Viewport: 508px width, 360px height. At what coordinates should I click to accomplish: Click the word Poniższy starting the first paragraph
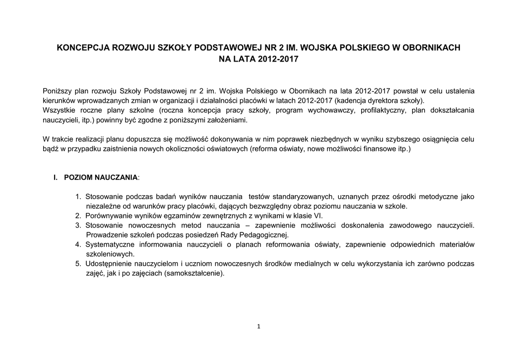point(56,91)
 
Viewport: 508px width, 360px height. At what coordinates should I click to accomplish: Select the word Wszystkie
point(58,110)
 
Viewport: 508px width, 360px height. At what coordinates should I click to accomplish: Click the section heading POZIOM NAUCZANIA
point(101,177)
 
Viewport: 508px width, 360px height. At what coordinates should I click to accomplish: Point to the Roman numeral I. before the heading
point(56,177)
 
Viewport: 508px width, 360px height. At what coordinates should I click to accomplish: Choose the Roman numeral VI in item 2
point(318,216)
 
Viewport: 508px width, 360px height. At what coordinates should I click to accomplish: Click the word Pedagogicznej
point(266,235)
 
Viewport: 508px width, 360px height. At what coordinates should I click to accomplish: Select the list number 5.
point(78,264)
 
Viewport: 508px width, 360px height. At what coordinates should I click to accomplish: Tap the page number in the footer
point(259,326)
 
